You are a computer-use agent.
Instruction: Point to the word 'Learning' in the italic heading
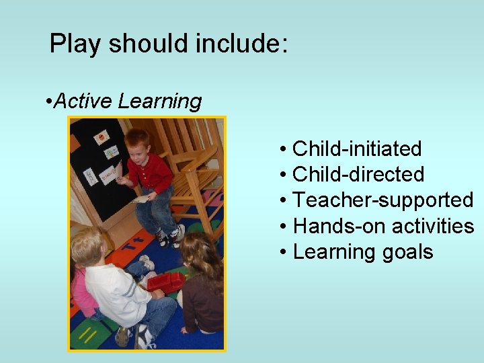click(x=159, y=102)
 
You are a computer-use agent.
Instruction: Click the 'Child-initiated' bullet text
click(x=357, y=149)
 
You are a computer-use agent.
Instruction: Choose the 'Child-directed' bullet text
click(x=358, y=174)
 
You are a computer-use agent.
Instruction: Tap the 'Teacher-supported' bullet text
click(x=383, y=200)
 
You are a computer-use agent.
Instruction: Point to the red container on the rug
click(x=165, y=282)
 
